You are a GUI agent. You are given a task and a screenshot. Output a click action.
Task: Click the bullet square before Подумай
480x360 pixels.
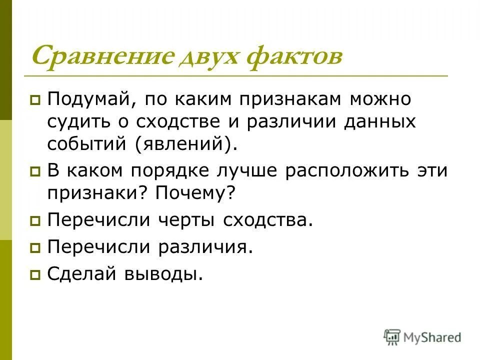coord(35,100)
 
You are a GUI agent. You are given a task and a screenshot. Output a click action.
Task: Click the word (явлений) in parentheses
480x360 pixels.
coord(183,144)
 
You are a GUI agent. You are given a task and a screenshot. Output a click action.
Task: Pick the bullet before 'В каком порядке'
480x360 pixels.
coord(35,171)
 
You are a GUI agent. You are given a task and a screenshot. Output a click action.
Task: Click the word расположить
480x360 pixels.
coord(339,171)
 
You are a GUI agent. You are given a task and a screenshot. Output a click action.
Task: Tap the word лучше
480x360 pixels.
coord(243,171)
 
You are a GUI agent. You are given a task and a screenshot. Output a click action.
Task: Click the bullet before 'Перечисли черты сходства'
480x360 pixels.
coord(35,220)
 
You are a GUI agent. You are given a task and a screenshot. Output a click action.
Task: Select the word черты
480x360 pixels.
coord(184,220)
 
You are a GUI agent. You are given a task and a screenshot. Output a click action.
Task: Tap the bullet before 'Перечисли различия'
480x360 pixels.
coord(35,247)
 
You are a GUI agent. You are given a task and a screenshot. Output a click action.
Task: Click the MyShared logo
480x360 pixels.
coord(422,337)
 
